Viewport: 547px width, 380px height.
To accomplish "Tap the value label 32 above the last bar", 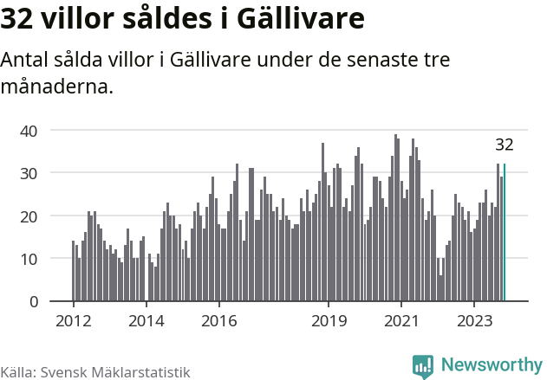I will (505, 145).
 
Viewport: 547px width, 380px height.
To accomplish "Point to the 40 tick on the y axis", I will (30, 131).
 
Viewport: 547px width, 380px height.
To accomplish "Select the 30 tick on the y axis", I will (30, 173).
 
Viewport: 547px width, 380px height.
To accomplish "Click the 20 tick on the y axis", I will (30, 216).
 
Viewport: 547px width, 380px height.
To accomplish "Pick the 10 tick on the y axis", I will (30, 259).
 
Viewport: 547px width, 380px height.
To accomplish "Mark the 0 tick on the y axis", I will (34, 301).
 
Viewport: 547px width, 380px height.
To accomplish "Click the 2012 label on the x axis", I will (73, 320).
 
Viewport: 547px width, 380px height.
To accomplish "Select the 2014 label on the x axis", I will (146, 320).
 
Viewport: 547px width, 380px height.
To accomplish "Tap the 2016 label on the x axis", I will (219, 320).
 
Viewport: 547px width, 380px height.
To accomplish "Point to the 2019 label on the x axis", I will (329, 320).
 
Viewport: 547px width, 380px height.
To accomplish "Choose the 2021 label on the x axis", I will (402, 320).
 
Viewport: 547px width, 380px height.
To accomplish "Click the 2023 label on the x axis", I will (475, 320).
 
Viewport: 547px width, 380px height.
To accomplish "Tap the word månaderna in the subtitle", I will (57, 87).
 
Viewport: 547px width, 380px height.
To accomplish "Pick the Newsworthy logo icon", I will (423, 366).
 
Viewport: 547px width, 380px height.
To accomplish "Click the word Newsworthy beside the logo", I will (492, 366).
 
